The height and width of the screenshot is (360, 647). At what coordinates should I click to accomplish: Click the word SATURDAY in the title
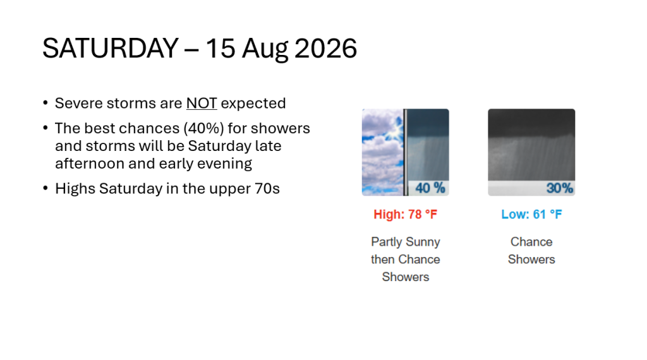(x=110, y=48)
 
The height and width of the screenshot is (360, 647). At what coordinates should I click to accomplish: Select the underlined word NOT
(x=202, y=103)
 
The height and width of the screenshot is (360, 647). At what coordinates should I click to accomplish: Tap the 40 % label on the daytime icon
(x=430, y=188)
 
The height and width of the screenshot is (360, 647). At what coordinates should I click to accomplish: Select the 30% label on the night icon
(x=560, y=188)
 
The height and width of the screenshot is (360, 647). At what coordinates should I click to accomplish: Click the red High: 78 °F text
(x=405, y=215)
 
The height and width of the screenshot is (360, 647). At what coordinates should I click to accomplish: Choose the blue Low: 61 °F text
(x=531, y=215)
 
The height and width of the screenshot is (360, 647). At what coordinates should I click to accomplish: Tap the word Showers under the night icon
(x=531, y=260)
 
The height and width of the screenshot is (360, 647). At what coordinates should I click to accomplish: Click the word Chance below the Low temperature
(x=531, y=242)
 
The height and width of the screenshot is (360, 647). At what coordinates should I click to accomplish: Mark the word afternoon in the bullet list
(x=90, y=164)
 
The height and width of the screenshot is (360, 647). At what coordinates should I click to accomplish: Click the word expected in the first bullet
(x=253, y=104)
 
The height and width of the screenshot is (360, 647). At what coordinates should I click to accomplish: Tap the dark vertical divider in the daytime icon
(x=406, y=152)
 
